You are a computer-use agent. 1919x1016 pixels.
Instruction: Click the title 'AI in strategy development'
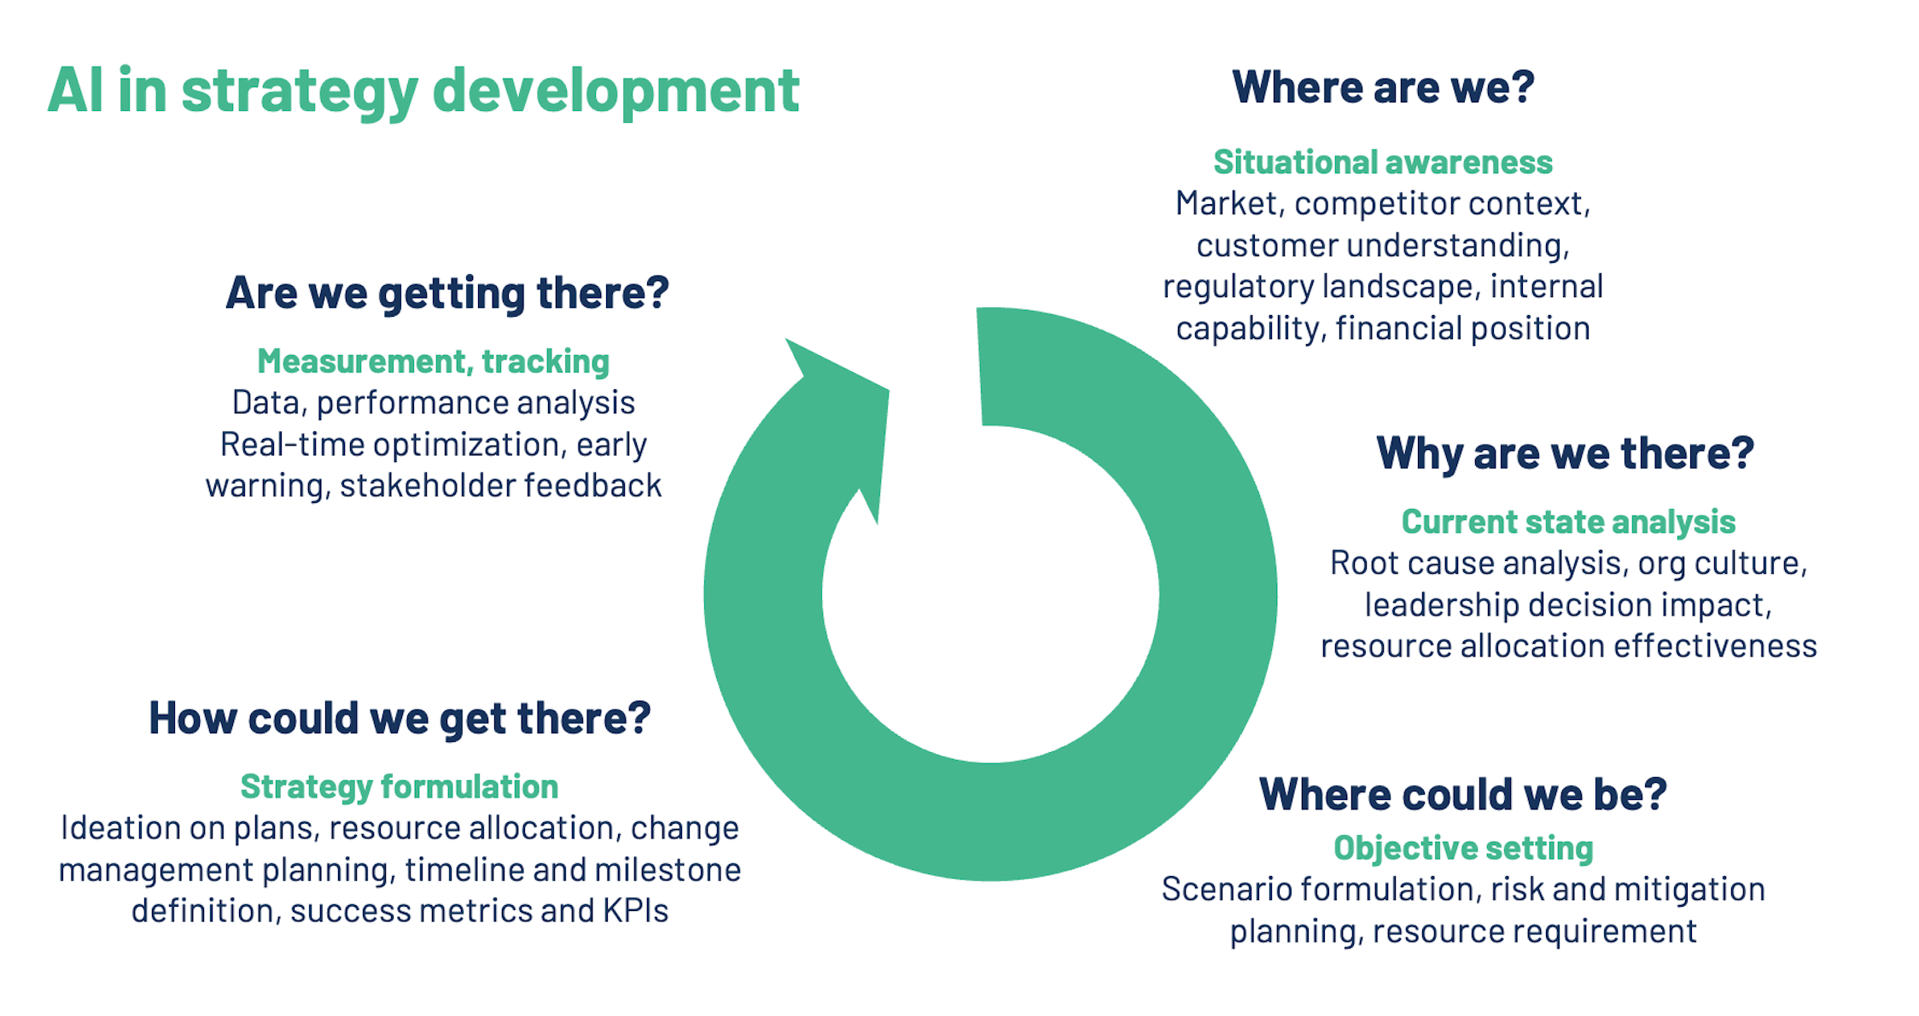coord(423,91)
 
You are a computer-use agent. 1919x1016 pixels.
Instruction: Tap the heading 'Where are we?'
coord(1383,87)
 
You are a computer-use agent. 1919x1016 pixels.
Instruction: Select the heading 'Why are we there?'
coord(1565,453)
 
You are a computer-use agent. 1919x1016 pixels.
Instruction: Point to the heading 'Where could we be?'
coord(1462,794)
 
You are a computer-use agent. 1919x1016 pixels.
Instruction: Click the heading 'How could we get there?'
coord(400,718)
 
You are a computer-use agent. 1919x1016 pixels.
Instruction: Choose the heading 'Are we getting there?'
coord(447,293)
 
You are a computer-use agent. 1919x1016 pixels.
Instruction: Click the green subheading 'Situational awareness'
coord(1383,162)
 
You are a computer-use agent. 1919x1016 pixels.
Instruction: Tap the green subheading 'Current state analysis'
coord(1568,522)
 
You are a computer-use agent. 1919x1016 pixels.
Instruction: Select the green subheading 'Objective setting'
coord(1463,848)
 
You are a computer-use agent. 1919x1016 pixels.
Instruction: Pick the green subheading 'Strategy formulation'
coord(400,786)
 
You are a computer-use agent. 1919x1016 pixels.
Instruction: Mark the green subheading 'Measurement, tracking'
coord(434,361)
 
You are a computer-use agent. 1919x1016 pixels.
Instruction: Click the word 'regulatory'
coord(1238,287)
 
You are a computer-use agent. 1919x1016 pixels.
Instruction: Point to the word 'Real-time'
coord(292,445)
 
